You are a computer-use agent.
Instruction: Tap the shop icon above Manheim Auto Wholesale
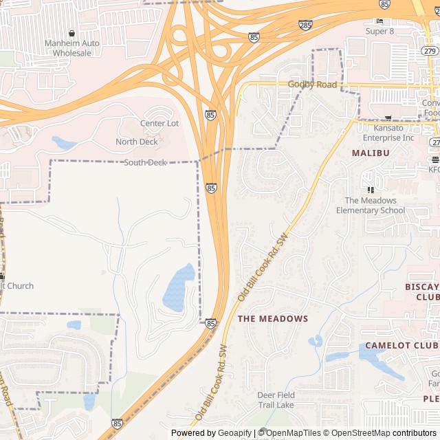72,33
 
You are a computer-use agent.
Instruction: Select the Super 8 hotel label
379,31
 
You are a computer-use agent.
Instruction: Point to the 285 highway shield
305,25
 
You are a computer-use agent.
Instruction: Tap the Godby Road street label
312,85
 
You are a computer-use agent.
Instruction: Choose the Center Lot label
159,124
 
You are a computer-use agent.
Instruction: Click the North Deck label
137,142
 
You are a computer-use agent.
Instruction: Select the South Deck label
145,162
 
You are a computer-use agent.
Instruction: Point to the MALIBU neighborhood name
371,153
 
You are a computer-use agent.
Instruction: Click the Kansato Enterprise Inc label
394,133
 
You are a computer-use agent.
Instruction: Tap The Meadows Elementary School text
371,206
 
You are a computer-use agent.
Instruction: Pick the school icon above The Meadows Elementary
371,189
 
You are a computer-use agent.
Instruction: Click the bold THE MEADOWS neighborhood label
273,319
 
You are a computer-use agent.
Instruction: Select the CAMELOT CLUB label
401,345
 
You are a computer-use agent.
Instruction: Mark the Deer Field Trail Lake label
276,400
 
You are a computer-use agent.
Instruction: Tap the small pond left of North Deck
63,143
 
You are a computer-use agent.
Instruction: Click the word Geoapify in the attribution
236,433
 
